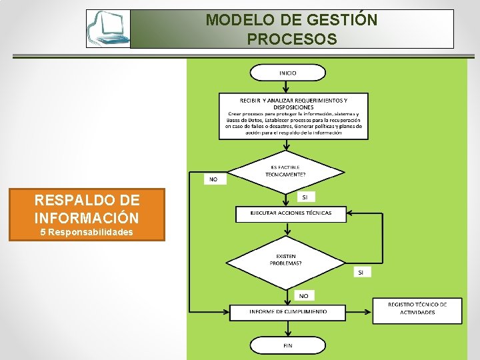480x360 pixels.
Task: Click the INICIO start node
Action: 287,72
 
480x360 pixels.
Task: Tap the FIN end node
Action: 287,345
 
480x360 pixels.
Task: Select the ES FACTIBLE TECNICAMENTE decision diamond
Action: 287,171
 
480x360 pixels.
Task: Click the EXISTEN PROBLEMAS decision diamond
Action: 286,259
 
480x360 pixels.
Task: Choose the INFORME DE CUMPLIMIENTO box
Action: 288,311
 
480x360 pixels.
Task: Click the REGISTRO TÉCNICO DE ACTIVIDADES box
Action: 417,308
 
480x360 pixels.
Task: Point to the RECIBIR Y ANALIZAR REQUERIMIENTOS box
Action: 293,116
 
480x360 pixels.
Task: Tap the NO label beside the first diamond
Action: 214,179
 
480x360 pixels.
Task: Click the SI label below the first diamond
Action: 305,197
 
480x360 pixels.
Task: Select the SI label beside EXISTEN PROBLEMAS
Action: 361,272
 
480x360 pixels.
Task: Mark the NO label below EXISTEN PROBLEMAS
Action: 303,295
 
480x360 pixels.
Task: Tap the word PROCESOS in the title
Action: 291,39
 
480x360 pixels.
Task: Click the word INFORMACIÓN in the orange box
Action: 87,217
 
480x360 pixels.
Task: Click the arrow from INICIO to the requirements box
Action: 286,87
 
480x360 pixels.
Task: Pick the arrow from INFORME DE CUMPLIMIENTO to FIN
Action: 287,328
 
